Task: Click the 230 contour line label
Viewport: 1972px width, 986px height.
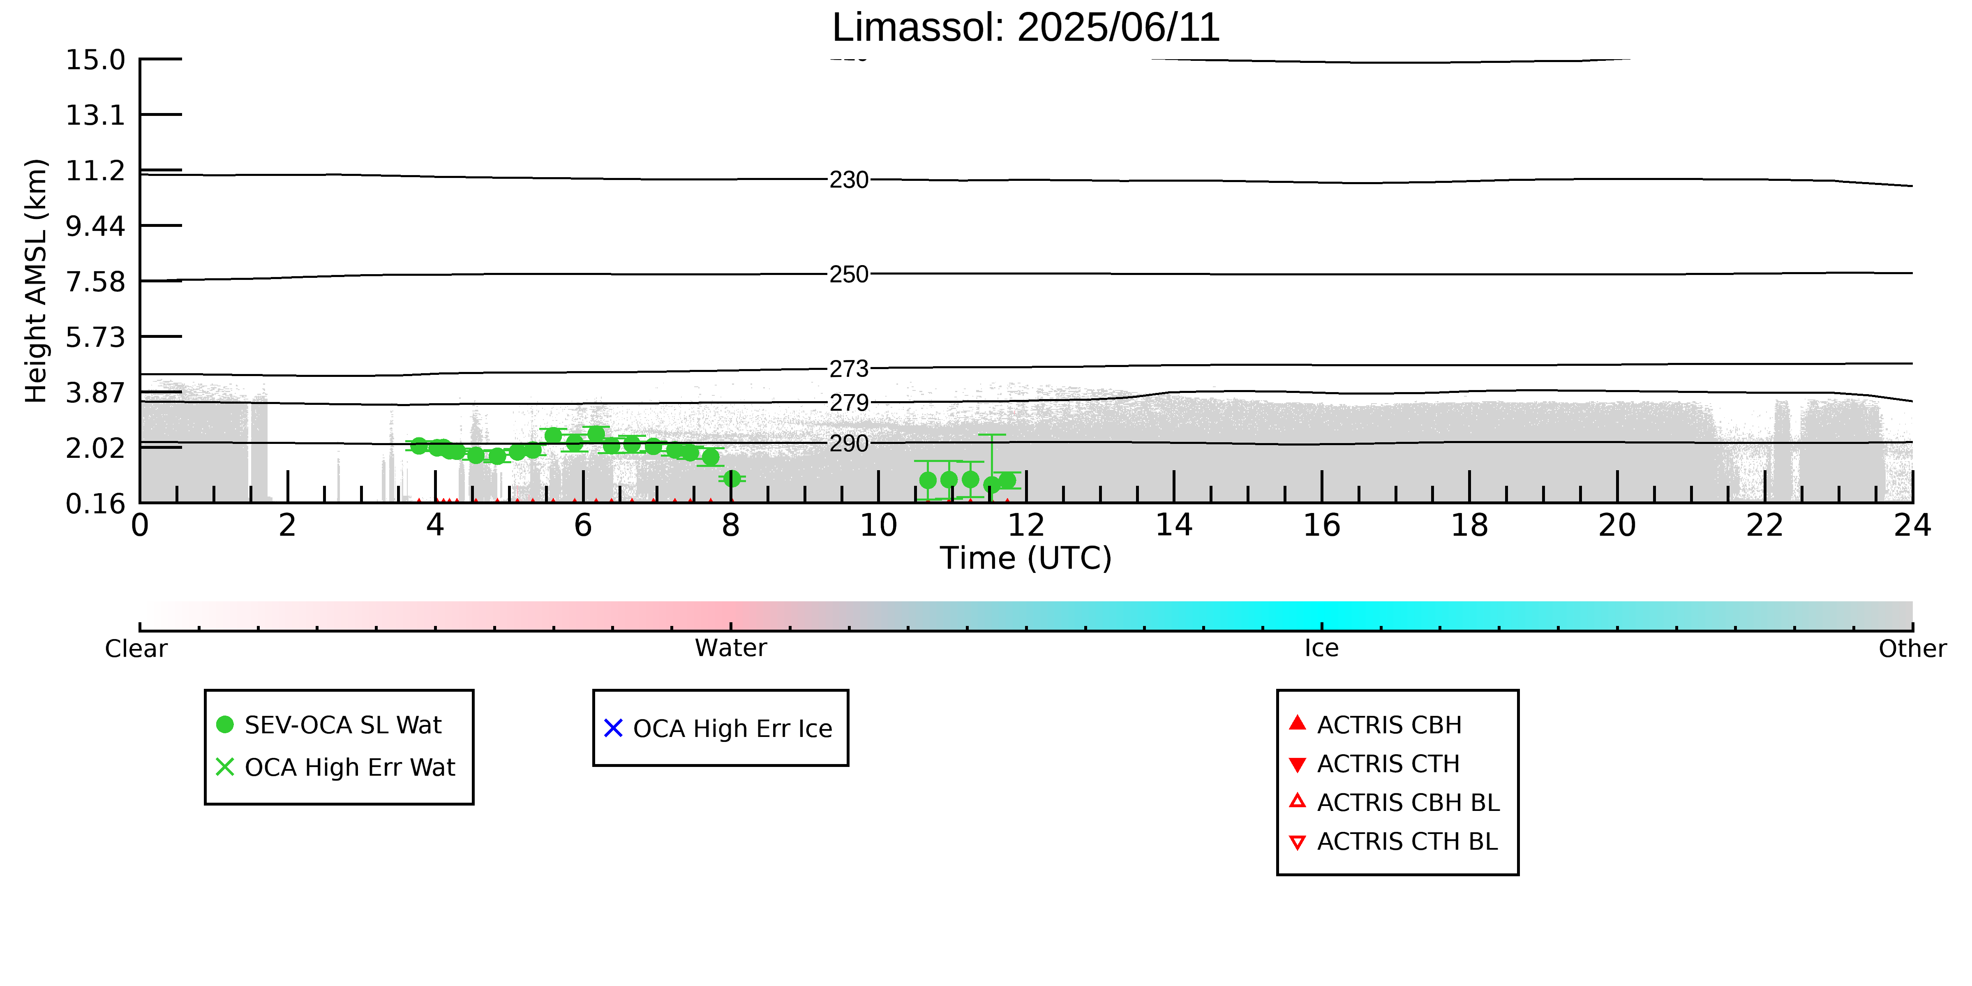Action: point(849,180)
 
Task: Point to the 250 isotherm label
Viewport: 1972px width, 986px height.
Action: point(849,274)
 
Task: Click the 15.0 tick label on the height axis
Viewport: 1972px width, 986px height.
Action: point(95,60)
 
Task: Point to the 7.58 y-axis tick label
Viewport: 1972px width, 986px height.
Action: point(95,282)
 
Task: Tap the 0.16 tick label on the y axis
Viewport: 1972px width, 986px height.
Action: point(95,504)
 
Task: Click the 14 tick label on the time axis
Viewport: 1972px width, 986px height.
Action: point(1173,525)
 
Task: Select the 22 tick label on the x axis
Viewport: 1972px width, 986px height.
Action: point(1764,525)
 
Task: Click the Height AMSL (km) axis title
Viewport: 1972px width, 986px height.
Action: point(36,281)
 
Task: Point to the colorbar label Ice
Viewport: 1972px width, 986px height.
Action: point(1321,649)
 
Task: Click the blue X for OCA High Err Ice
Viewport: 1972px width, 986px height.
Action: point(613,728)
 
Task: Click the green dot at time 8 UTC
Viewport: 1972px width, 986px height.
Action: point(732,478)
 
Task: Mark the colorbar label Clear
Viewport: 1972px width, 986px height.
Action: point(136,649)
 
